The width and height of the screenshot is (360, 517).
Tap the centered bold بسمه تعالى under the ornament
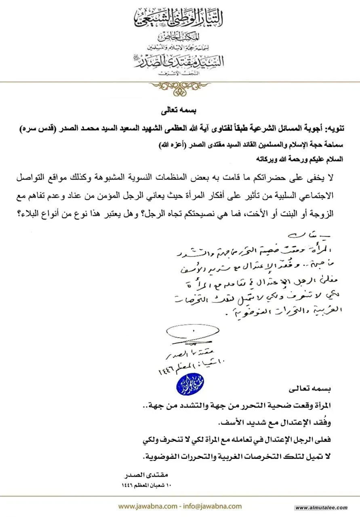click(x=180, y=109)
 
